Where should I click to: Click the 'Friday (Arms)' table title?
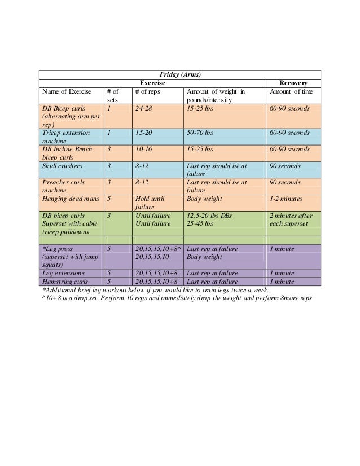point(179,74)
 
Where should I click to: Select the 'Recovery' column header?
point(292,83)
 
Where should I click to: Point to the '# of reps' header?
point(149,92)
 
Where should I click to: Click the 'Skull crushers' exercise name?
point(62,166)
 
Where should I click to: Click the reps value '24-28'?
point(144,108)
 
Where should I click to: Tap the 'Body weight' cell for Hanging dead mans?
point(204,199)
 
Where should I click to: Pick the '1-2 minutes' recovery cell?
point(286,199)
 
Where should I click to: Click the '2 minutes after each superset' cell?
point(291,219)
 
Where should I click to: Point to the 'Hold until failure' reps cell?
point(149,203)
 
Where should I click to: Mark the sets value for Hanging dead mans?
point(108,199)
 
